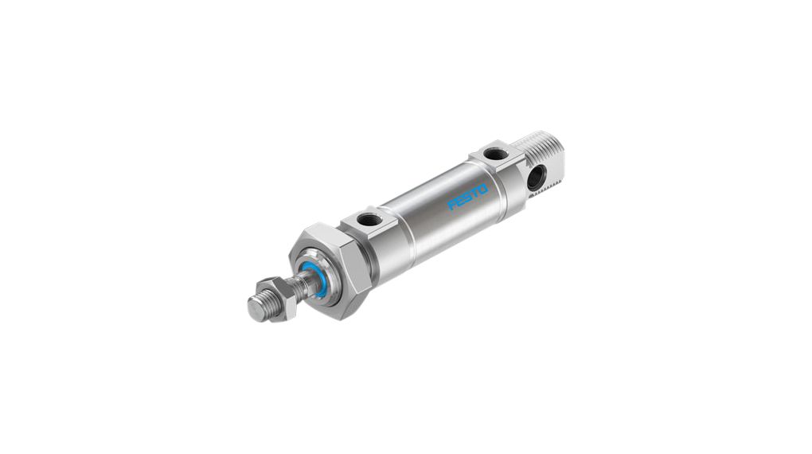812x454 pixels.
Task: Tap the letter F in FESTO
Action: (452, 206)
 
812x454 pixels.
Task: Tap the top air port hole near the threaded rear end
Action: (494, 152)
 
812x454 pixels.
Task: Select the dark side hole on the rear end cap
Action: (534, 176)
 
